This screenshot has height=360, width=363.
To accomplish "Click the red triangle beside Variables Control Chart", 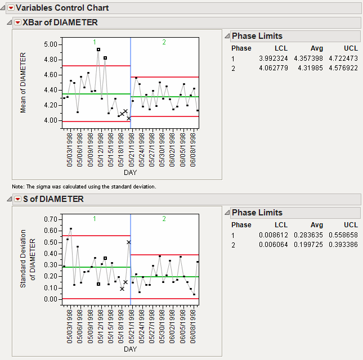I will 11,8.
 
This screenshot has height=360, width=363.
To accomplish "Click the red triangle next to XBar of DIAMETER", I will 17,22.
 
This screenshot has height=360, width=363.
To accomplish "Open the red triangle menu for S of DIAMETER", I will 17,199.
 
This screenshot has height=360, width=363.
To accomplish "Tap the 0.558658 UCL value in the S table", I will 344,235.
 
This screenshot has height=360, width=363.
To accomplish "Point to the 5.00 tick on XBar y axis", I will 51,44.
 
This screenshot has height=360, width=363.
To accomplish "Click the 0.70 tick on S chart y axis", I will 51,219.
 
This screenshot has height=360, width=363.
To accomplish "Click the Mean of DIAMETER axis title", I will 24,83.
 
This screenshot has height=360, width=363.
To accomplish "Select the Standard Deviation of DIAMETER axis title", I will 28,259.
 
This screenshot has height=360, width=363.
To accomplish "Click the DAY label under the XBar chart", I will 130,173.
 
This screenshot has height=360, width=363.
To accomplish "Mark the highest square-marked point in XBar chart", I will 98,49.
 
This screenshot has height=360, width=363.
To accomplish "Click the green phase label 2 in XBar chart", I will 164,42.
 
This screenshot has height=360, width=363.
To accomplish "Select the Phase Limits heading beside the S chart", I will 257,213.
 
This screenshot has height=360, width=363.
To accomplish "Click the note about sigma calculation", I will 84,186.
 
